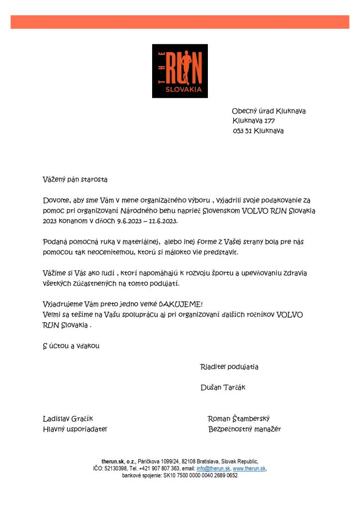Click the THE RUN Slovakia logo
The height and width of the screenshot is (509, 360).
tap(180, 71)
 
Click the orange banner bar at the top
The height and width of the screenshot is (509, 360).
tap(180, 22)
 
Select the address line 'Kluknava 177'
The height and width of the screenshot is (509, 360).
tap(254, 121)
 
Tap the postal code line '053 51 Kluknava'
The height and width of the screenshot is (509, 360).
tap(258, 131)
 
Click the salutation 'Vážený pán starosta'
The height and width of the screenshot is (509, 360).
tap(75, 179)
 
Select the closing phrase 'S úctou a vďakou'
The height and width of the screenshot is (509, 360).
tap(71, 345)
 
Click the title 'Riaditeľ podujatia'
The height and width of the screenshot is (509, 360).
tap(229, 367)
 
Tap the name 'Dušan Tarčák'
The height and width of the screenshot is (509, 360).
tap(223, 387)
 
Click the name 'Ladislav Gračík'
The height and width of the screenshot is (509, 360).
tap(68, 419)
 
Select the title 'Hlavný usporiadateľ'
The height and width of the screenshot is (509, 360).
tap(75, 429)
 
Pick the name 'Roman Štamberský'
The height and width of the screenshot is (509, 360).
tap(239, 419)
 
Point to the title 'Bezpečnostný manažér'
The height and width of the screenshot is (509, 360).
tap(245, 429)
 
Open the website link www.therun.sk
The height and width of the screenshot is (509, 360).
tap(249, 469)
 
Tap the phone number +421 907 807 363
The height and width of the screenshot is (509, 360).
tap(160, 469)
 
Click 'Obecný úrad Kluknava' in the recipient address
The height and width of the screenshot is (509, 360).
tap(269, 111)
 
